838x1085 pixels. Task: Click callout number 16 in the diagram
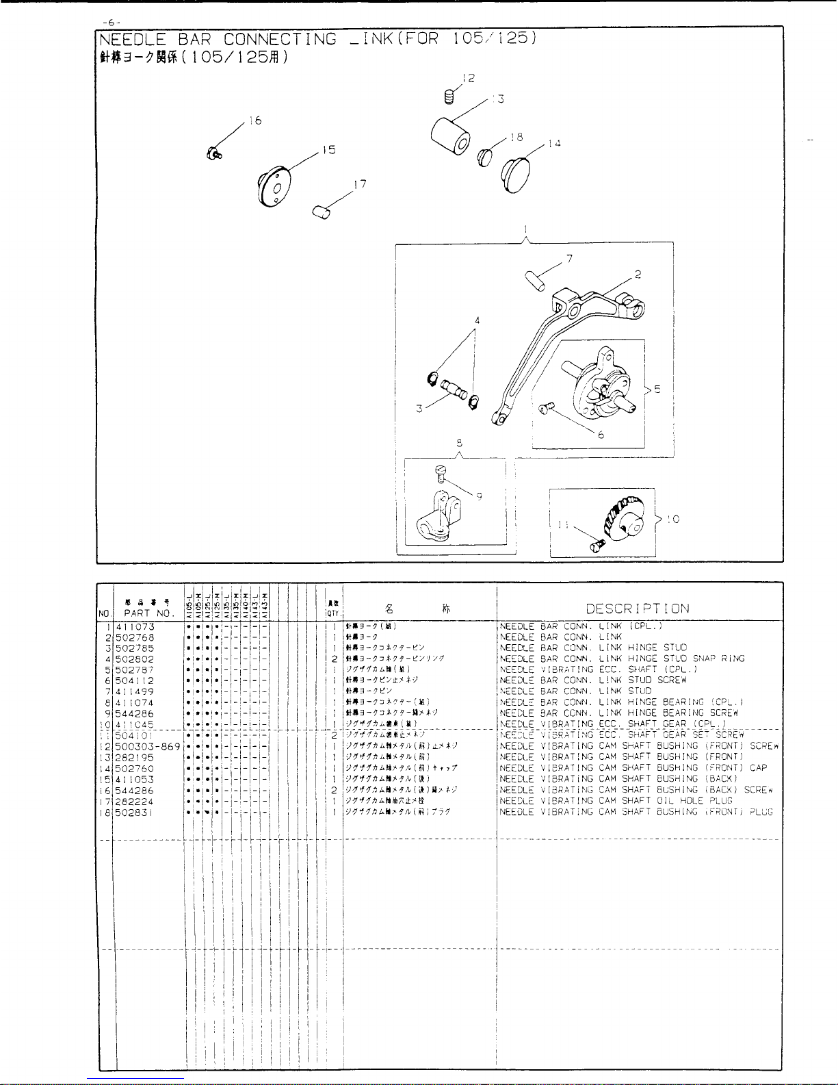255,121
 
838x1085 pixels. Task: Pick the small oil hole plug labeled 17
321,212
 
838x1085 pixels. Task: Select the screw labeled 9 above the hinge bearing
441,472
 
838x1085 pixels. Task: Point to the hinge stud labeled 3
451,394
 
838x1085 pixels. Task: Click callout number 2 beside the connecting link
638,275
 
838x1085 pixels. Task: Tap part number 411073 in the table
135,626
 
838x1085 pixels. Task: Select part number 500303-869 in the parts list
148,746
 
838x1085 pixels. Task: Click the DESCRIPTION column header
638,608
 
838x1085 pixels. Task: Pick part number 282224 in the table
135,801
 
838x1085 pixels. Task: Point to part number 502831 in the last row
135,812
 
